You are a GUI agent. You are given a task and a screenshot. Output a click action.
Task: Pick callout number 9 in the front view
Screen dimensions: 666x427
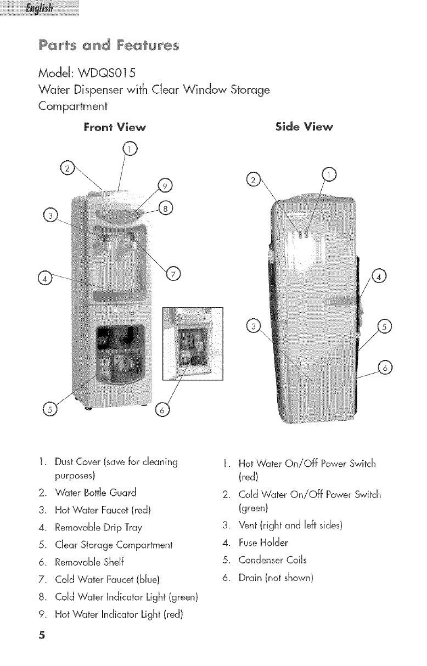click(164, 185)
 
